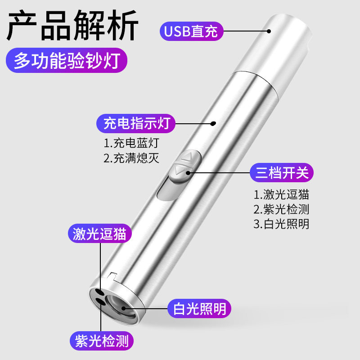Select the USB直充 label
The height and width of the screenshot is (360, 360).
[x=191, y=31]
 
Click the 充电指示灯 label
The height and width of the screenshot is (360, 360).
[x=135, y=123]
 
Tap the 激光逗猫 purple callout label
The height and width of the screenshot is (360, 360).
[x=99, y=234]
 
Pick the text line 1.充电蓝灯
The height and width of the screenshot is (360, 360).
[x=131, y=143]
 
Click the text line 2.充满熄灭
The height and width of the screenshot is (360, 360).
[x=131, y=158]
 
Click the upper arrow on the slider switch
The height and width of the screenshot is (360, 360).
[x=189, y=158]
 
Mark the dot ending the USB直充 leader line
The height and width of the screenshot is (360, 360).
[x=269, y=31]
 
